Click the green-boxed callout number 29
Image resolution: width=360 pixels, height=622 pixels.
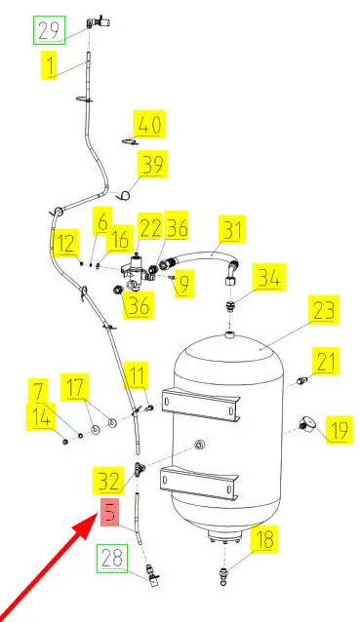click(49, 30)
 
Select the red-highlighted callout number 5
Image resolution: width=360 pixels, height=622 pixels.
click(110, 512)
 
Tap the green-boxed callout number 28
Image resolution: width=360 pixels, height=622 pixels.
click(113, 559)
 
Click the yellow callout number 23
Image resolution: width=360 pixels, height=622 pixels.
click(324, 310)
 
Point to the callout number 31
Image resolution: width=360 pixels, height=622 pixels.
click(231, 229)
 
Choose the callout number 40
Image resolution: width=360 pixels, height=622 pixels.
click(149, 124)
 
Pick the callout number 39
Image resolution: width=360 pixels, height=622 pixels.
click(152, 164)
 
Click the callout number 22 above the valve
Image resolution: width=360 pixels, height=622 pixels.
click(149, 227)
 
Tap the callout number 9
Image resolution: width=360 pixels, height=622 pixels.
click(183, 284)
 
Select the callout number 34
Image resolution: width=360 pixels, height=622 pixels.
click(271, 277)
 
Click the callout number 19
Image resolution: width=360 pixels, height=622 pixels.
click(340, 430)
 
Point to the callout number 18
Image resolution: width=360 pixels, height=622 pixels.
click(264, 539)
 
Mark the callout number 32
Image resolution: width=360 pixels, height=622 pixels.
click(108, 482)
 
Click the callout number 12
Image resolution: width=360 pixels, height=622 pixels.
click(66, 243)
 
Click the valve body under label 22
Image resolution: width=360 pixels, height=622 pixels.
click(136, 270)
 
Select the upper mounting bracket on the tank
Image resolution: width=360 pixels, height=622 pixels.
click(202, 405)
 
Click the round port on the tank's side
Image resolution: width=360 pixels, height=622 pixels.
click(199, 445)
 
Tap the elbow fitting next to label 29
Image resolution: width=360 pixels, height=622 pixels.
click(98, 21)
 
